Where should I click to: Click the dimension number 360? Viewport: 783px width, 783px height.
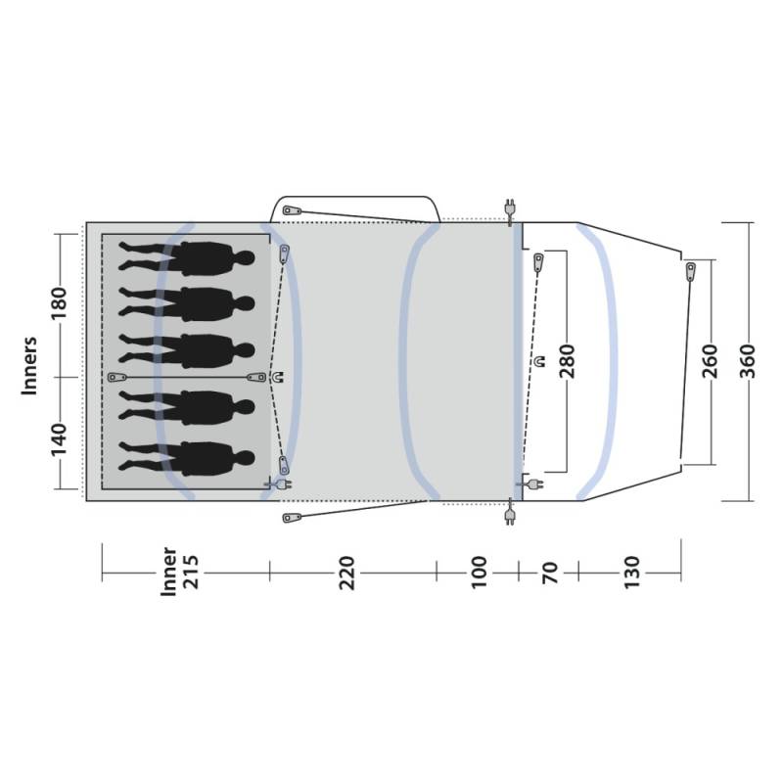pos(748,361)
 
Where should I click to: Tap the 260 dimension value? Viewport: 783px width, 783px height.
pos(710,361)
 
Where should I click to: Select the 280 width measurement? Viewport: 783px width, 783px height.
pos(568,361)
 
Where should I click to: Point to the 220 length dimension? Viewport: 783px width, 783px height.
pos(346,573)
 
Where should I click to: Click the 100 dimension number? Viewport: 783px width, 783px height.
pos(479,573)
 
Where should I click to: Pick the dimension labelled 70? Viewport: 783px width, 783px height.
pos(549,573)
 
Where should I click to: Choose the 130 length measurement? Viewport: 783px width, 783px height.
pos(631,573)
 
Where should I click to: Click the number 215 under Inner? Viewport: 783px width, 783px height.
pos(191,573)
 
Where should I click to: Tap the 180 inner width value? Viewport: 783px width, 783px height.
pos(59,304)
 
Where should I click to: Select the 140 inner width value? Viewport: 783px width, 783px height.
pos(59,439)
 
